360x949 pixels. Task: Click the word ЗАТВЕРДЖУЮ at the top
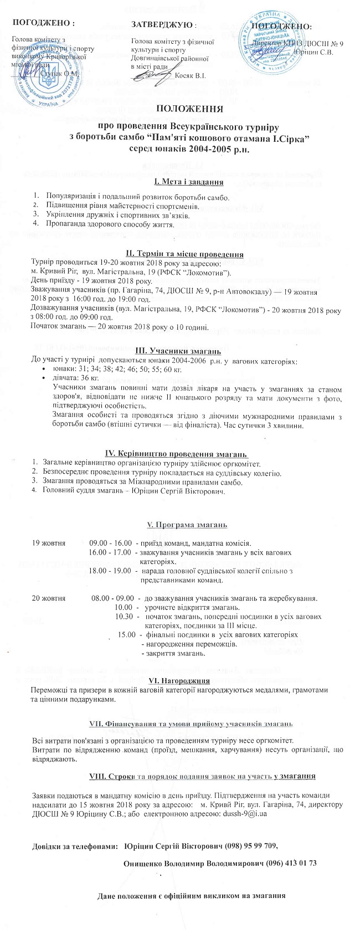163,24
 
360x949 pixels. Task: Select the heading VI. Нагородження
179,680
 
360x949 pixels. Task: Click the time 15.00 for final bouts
127,634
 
